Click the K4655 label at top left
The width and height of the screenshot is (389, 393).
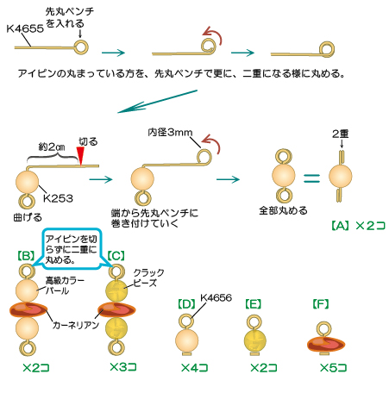pos(23,28)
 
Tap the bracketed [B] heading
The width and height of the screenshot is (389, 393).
pos(26,257)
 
